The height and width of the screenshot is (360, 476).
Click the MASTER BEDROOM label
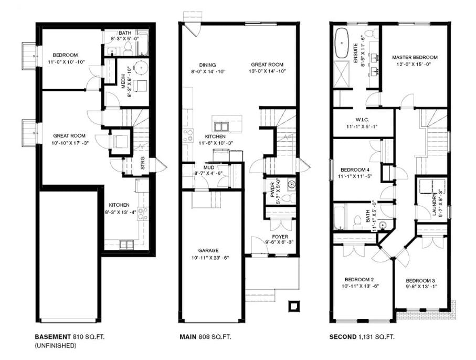415,57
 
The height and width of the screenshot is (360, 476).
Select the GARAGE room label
208,250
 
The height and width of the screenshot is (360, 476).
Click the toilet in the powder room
288,198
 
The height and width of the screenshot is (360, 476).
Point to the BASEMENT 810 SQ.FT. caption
70,336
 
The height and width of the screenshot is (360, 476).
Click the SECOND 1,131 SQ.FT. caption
362,336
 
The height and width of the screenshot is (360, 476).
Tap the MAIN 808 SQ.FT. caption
205,336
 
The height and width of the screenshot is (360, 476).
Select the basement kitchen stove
142,214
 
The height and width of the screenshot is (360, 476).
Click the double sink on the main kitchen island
221,125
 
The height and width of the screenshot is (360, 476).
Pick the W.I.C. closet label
362,120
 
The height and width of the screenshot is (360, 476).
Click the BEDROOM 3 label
418,281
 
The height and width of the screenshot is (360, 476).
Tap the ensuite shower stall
342,75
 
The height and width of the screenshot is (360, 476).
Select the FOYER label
280,237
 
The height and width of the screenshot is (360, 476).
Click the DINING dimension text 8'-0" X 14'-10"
208,72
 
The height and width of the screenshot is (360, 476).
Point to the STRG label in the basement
143,163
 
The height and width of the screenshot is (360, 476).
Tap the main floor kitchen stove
188,135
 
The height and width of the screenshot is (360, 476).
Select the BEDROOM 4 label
355,170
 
